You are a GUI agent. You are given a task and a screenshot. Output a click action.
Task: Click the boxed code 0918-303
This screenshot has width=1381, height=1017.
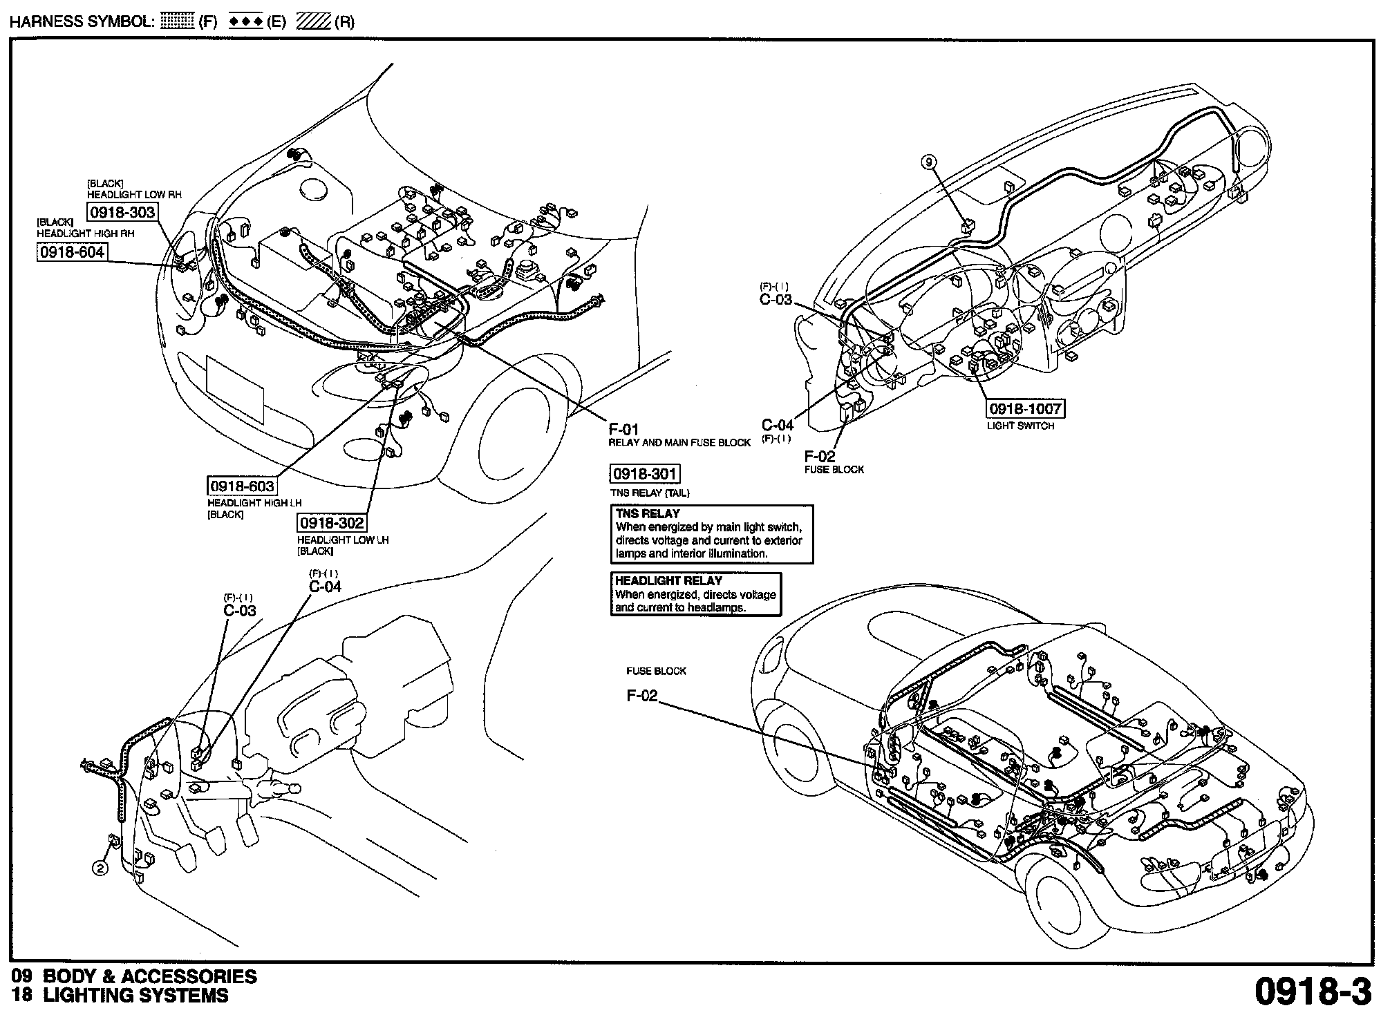122,212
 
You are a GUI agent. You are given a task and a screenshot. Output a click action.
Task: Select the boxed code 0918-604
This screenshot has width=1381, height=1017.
72,252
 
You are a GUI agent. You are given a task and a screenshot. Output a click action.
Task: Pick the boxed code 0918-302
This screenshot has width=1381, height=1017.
332,523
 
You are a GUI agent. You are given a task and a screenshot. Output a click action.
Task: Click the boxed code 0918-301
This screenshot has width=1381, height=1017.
645,474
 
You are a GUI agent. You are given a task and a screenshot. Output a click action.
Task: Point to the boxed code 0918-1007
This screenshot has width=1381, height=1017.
1025,408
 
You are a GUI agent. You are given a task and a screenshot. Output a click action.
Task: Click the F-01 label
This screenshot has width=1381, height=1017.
623,430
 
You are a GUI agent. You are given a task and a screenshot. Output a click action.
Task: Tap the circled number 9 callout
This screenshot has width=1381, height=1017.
929,162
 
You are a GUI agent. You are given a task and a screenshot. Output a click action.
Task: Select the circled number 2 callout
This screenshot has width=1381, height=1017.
101,868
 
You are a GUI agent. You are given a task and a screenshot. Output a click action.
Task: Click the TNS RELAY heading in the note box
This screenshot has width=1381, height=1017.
648,514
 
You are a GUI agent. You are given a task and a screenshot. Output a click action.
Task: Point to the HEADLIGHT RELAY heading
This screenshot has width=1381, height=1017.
668,581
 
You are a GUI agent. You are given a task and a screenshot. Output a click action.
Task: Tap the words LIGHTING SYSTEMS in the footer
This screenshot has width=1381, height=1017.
135,996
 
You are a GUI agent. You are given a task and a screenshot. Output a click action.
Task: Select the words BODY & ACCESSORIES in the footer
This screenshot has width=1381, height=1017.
150,976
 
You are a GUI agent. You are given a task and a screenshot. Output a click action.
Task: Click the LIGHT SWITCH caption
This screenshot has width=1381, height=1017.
1020,426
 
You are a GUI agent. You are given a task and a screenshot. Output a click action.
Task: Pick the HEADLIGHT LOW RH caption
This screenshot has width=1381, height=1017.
134,195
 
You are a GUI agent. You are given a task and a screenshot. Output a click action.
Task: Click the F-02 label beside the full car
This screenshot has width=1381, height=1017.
642,696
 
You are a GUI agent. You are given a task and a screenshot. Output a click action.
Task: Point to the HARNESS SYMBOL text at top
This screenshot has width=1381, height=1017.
82,21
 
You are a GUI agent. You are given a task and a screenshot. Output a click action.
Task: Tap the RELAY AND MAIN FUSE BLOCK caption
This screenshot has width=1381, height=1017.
679,443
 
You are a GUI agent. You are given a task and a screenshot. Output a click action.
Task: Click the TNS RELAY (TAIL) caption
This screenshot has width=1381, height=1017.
650,493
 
